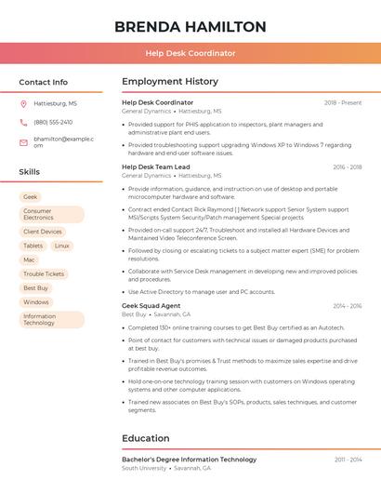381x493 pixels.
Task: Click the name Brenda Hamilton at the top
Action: pyautogui.click(x=190, y=27)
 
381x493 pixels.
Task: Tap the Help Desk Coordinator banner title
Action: pyautogui.click(x=190, y=54)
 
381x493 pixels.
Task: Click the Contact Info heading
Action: pyautogui.click(x=43, y=82)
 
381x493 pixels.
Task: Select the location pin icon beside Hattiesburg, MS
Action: pyautogui.click(x=23, y=104)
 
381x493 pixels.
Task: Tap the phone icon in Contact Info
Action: pyautogui.click(x=23, y=122)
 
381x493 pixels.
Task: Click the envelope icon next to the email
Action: pyautogui.click(x=23, y=142)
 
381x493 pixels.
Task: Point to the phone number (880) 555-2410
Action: pyautogui.click(x=53, y=122)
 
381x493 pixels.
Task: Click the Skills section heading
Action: pyautogui.click(x=30, y=172)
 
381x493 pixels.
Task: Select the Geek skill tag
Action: pyautogui.click(x=31, y=197)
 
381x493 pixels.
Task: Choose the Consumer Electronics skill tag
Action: pyautogui.click(x=51, y=215)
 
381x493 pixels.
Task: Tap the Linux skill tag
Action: pyautogui.click(x=61, y=246)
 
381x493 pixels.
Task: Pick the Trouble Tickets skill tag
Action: pyautogui.click(x=44, y=274)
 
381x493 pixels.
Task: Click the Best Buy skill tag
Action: pyautogui.click(x=35, y=288)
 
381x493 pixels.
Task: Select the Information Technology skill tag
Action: pyautogui.click(x=51, y=320)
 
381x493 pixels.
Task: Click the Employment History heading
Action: pyautogui.click(x=170, y=82)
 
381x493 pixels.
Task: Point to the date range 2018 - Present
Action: pyautogui.click(x=343, y=102)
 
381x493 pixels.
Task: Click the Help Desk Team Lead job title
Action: pyautogui.click(x=155, y=167)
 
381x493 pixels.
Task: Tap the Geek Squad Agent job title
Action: pyautogui.click(x=151, y=306)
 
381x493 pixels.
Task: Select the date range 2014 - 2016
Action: pyautogui.click(x=347, y=306)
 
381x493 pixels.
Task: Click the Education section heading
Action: pyautogui.click(x=146, y=438)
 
